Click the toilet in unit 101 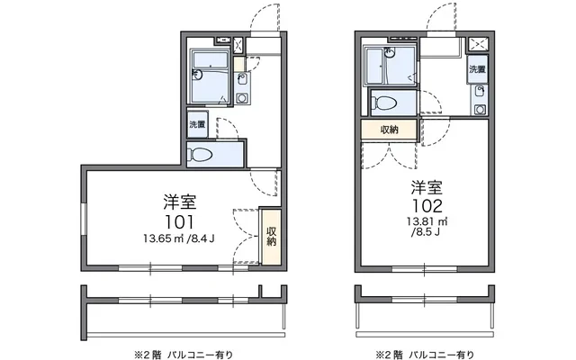[202, 154]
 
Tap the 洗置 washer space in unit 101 [195, 124]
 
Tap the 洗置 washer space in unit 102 [478, 69]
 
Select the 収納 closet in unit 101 [271, 235]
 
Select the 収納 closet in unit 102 [388, 130]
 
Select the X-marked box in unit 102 [479, 43]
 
